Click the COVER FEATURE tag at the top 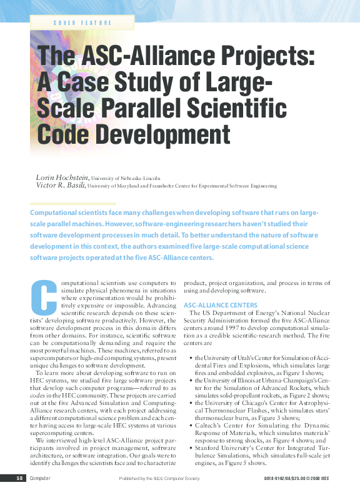82,22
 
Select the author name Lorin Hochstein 62,178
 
